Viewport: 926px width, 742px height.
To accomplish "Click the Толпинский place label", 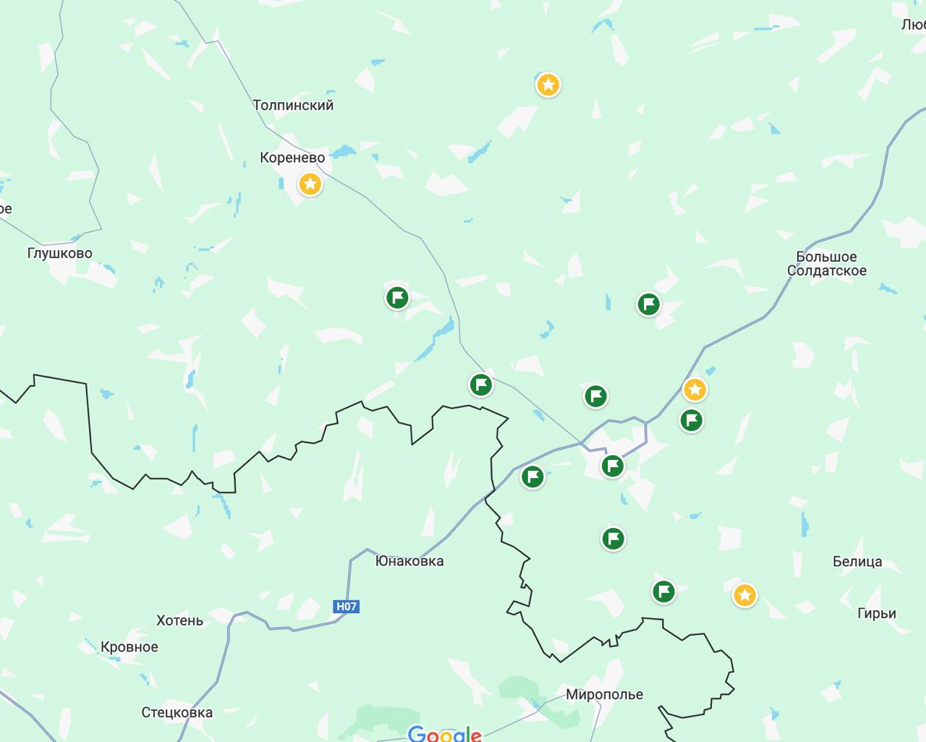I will click(293, 105).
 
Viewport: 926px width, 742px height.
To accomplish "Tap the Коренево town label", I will click(292, 158).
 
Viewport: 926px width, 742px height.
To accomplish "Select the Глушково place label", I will click(59, 253).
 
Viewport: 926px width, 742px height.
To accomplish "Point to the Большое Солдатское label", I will click(826, 264).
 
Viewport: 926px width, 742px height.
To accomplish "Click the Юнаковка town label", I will click(409, 560).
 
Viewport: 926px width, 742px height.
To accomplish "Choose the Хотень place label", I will click(179, 621).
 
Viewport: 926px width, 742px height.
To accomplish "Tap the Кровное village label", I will click(129, 647).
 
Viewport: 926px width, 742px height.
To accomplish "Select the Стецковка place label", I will click(177, 712).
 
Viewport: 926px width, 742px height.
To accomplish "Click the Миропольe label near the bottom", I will click(604, 694).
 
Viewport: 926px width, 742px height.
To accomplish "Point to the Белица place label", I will click(857, 561).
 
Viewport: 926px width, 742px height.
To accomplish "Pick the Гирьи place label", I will click(876, 613).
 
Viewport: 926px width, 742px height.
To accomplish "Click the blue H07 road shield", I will click(346, 606).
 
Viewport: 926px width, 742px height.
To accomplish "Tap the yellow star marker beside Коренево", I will click(310, 184).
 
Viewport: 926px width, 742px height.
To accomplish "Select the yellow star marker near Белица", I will click(744, 595).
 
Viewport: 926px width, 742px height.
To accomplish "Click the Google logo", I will click(444, 734).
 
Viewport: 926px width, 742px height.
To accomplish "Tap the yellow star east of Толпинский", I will click(548, 85).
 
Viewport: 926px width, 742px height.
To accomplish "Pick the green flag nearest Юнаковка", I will click(532, 477).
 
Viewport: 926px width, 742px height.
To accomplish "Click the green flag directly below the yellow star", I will click(691, 419).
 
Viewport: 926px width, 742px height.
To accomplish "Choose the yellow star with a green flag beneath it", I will click(694, 390).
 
